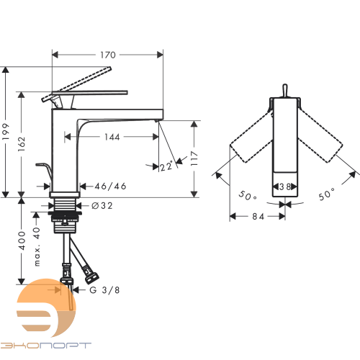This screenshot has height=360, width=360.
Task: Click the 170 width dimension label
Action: (108, 55)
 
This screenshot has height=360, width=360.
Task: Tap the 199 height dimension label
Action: (6, 132)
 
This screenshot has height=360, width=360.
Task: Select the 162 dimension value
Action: (22, 144)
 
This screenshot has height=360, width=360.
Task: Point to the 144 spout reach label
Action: (112, 137)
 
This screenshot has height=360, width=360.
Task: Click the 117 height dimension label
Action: (194, 158)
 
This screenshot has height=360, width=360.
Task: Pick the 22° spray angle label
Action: (166, 166)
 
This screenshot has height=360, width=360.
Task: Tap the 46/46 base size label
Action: (110, 186)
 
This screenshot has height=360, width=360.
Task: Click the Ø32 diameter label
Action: (102, 206)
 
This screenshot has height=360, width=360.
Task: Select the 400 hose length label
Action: (22, 240)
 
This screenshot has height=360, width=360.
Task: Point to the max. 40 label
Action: (37, 246)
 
